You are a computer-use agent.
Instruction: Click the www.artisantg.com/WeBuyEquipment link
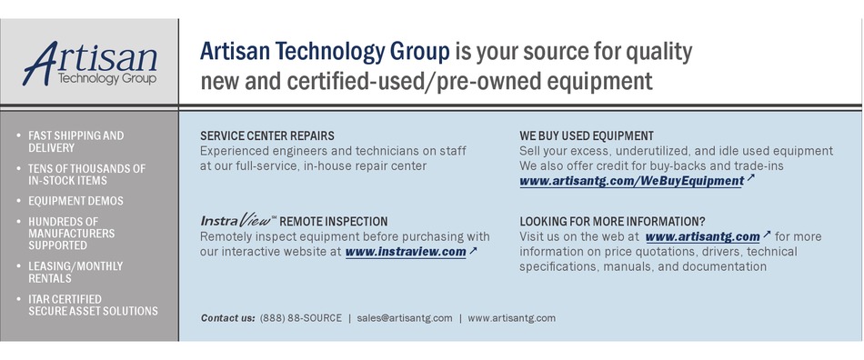631,181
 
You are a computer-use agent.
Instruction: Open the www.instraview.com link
405,252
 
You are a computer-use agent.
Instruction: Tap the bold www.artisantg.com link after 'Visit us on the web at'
701,236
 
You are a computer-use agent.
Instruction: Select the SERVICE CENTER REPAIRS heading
266,136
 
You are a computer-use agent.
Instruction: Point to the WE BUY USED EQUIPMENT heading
586,136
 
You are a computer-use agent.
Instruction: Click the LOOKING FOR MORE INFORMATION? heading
611,221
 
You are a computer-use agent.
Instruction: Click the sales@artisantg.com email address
404,318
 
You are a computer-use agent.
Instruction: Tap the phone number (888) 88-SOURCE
300,318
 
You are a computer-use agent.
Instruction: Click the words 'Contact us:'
227,318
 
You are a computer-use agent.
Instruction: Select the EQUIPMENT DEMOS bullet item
75,201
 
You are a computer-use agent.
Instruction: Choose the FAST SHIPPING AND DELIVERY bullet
75,142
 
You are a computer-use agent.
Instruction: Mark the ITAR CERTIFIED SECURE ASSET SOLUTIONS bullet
92,305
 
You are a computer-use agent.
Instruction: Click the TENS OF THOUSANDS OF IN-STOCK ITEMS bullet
86,175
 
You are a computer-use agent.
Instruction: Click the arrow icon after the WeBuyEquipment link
750,178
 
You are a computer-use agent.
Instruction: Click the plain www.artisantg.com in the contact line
511,318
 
